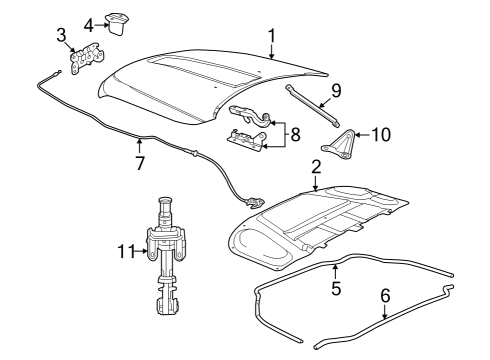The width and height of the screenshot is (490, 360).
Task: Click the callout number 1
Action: pos(271,38)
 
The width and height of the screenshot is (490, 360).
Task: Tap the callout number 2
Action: pos(315,167)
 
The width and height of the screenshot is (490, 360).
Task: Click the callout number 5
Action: pos(337,289)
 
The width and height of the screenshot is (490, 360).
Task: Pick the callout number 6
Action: pos(384,296)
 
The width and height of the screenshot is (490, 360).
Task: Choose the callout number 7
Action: pos(140,162)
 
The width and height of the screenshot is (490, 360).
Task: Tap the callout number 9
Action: pos(335,90)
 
